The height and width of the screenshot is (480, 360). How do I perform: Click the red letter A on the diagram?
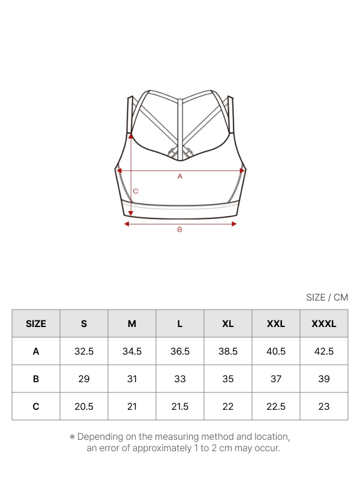tap(179, 176)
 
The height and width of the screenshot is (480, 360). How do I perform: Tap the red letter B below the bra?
tap(179, 229)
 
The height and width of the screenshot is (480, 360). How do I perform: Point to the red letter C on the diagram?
tap(136, 191)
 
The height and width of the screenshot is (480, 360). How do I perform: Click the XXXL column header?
tap(324, 323)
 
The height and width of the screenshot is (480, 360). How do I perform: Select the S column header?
tap(84, 323)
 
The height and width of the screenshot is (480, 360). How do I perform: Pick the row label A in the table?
tap(36, 351)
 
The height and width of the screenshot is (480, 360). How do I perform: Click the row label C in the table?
tap(36, 406)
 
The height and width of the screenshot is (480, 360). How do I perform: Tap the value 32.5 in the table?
tap(84, 351)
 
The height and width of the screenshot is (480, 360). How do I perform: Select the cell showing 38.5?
tap(228, 351)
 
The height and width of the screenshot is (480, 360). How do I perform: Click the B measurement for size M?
tap(132, 379)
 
